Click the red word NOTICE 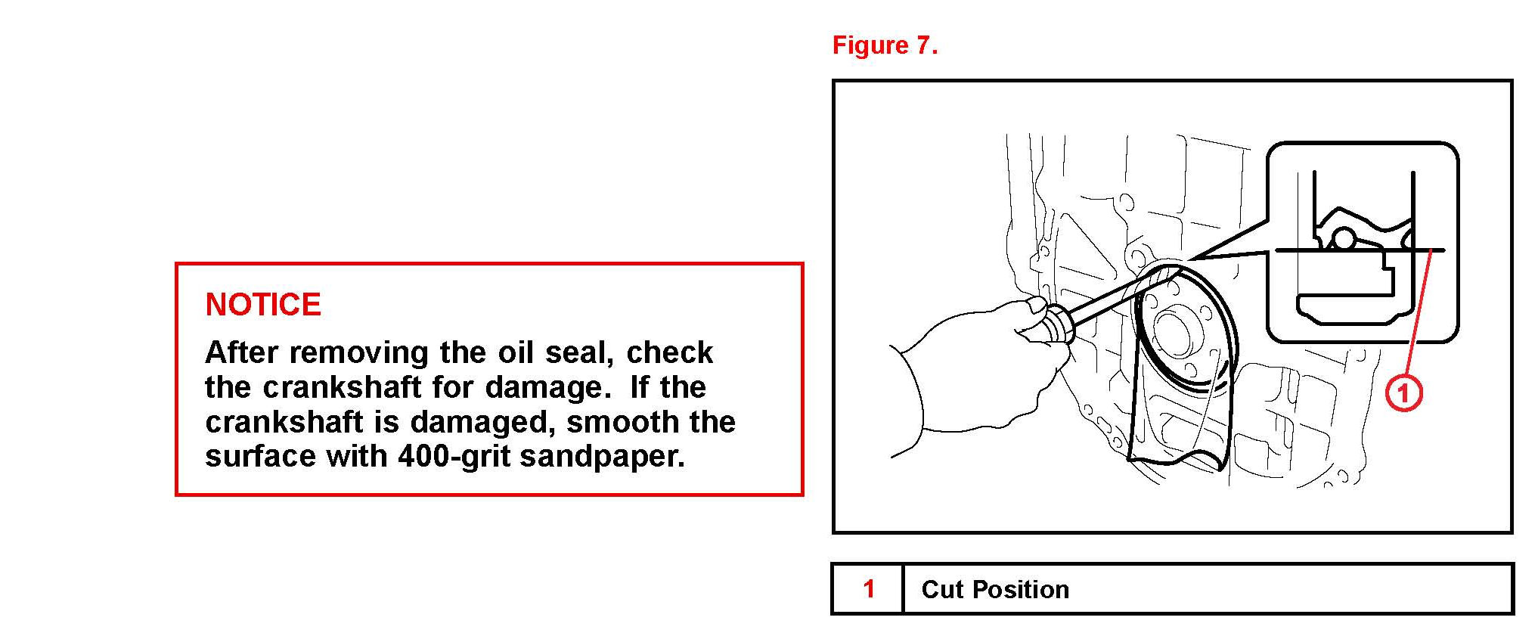(x=263, y=305)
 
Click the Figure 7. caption (x=885, y=45)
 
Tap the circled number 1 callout (x=1403, y=393)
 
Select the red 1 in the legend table (x=869, y=588)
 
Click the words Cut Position (x=995, y=589)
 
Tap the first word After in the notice (x=242, y=352)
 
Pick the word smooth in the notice (x=612, y=422)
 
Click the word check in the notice (x=670, y=352)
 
